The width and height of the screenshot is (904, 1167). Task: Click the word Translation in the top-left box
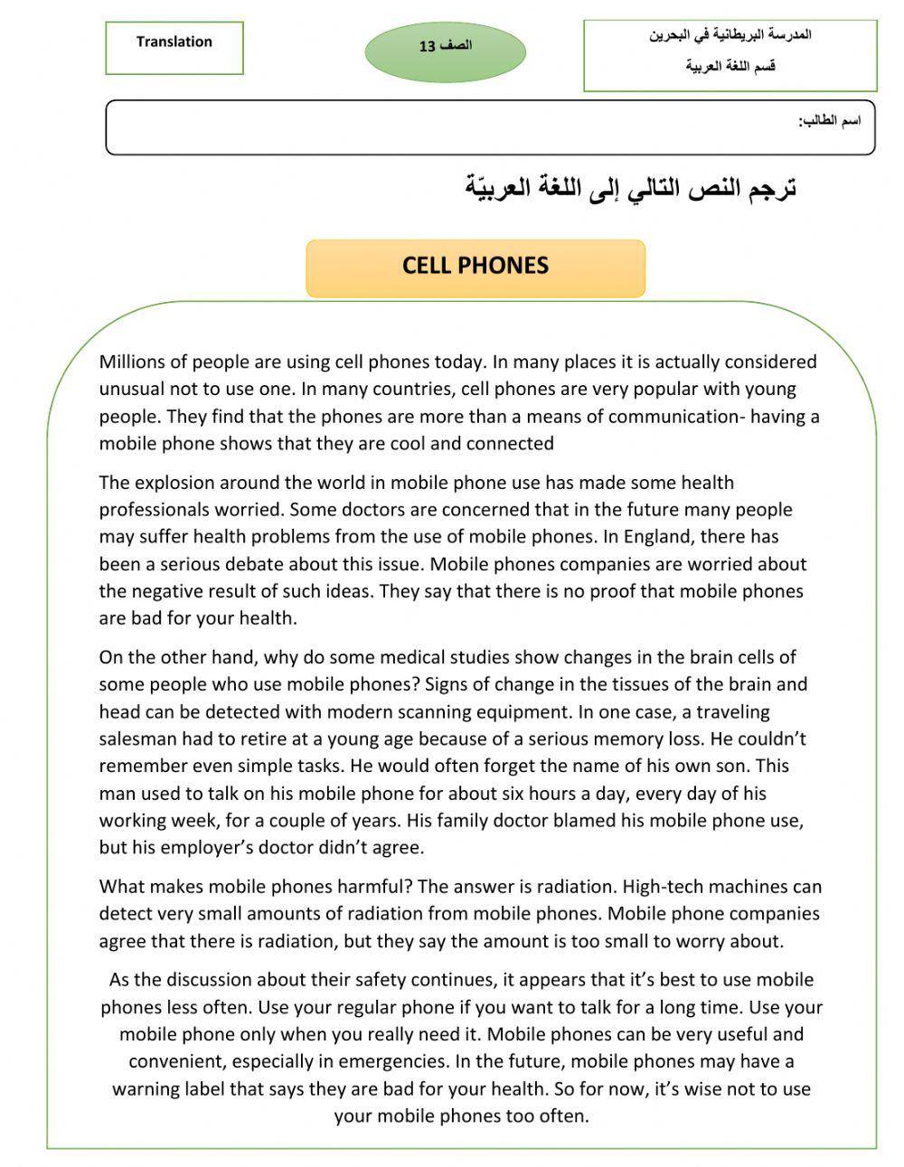point(174,42)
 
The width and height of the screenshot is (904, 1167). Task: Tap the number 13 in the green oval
point(427,47)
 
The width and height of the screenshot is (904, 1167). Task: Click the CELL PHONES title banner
point(476,266)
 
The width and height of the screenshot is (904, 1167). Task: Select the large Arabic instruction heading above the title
point(630,188)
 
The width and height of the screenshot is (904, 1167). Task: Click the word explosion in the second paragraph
point(172,483)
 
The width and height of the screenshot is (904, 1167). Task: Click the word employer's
point(221,848)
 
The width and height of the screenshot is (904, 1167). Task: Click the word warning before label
point(146,1088)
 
